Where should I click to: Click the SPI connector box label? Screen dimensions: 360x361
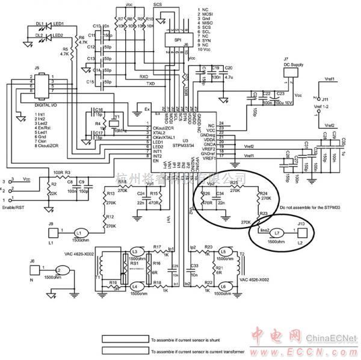click(x=177, y=40)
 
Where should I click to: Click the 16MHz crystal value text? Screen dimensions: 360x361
click(x=120, y=131)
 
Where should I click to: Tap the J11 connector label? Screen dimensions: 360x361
click(x=325, y=98)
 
